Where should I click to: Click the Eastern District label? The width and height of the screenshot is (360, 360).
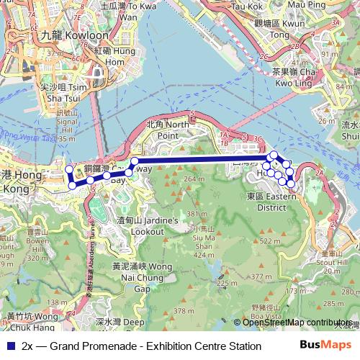pos(266,201)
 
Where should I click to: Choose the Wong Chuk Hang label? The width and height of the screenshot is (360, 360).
pos(32,320)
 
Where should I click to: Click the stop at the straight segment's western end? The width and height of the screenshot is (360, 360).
pos(135,161)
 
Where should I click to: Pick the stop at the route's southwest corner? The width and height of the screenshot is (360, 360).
pos(72,186)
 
